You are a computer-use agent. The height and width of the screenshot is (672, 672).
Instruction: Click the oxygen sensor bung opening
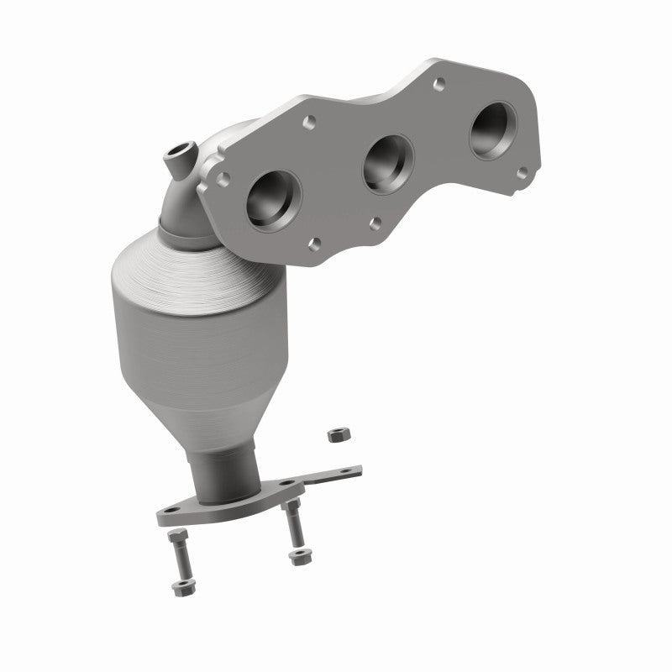point(178,154)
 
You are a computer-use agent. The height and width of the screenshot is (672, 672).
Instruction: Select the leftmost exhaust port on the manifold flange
point(274,198)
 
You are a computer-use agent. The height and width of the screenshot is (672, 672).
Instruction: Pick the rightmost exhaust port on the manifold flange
point(493,130)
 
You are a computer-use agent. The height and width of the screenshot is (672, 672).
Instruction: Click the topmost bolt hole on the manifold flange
point(438,83)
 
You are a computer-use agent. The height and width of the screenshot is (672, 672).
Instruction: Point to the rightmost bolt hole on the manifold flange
point(522,173)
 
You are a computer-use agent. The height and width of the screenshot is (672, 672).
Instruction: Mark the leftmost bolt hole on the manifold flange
point(223,179)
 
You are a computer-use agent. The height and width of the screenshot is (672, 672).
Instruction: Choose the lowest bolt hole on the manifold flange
point(314,244)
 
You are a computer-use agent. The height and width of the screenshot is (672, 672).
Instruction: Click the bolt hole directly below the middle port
point(375,223)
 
